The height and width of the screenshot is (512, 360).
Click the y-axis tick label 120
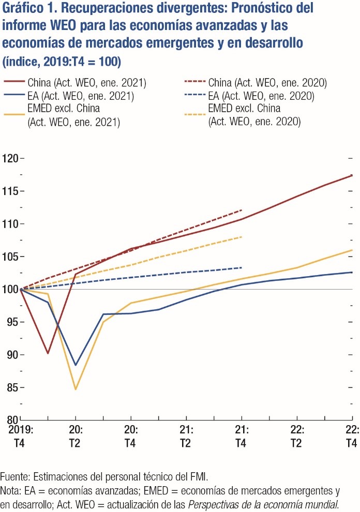tap(9, 158)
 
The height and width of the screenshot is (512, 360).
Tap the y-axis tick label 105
tap(9, 257)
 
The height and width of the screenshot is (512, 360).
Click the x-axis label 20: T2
tap(76, 436)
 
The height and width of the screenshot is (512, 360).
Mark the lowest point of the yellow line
tap(76, 389)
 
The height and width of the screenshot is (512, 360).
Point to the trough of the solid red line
tap(48, 353)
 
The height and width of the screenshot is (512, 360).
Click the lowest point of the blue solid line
tap(76, 365)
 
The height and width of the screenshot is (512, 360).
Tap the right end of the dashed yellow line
tap(242, 237)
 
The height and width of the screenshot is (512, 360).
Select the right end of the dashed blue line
tap(242, 267)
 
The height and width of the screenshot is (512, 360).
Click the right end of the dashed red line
tap(242, 210)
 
